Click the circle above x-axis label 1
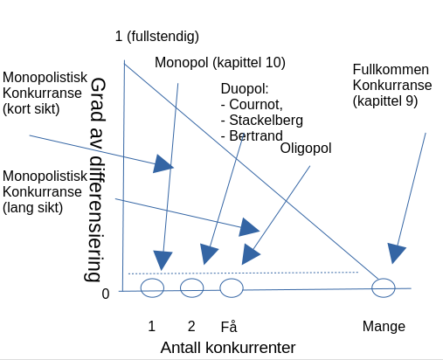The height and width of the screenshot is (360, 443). coord(141,287)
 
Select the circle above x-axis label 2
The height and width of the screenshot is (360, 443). coord(181,287)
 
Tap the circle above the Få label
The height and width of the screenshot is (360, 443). coord(220,287)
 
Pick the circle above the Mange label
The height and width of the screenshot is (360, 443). coord(372,287)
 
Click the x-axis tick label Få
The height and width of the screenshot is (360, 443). coord(229,326)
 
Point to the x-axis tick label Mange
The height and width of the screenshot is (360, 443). coord(384,327)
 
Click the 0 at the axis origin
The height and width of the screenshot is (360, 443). coord(106,294)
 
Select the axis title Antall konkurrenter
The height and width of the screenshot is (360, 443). coord(228,348)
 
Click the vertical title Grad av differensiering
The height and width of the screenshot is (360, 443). coord(97,179)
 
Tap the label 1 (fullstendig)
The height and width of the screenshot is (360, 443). coord(157,37)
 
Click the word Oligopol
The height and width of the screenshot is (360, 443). coord(306,149)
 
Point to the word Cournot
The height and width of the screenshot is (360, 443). coord(255,104)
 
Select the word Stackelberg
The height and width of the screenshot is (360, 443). coord(266,121)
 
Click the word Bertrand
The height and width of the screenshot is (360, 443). coord(256,136)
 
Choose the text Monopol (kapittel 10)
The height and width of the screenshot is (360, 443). coord(220,63)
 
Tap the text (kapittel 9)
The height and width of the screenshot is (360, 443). coord(385,101)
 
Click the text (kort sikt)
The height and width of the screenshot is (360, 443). coord(31,109)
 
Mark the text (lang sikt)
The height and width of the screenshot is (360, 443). coord(32,208)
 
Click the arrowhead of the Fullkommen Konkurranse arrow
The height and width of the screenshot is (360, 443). coord(396,253)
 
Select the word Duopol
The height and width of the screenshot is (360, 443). coord(244,89)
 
